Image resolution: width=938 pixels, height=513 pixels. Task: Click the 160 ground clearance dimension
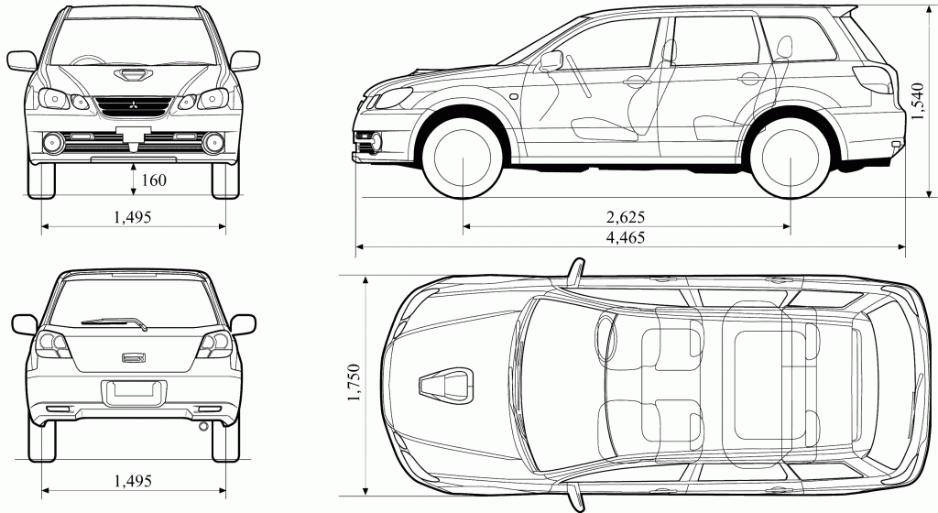click(153, 180)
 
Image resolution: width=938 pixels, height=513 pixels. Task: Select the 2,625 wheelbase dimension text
click(627, 217)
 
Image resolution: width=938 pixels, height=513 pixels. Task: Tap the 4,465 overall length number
click(627, 237)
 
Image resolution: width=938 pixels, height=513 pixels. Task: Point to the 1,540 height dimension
click(919, 101)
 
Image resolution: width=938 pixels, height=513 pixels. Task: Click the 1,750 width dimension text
click(354, 385)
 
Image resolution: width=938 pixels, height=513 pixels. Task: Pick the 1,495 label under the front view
click(132, 217)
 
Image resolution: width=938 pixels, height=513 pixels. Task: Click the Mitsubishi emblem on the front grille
click(133, 104)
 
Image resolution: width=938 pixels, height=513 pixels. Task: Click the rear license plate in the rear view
click(133, 391)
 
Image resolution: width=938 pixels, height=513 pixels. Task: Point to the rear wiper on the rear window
click(115, 322)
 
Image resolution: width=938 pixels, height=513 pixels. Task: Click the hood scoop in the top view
click(446, 385)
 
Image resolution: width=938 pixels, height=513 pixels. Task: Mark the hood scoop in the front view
click(133, 74)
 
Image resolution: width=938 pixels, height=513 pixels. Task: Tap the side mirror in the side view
click(551, 61)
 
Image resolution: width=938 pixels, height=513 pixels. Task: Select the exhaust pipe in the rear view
click(202, 426)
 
